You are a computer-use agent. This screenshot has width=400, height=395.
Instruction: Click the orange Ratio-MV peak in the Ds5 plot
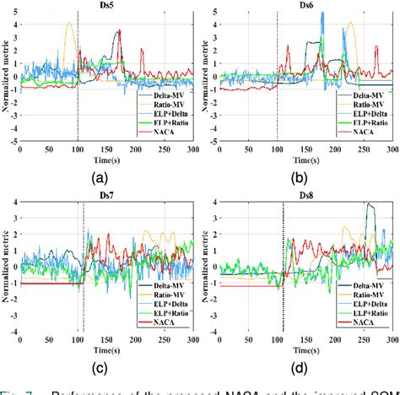point(70,24)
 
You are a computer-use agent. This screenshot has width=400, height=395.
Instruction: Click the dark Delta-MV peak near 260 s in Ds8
point(368,205)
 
